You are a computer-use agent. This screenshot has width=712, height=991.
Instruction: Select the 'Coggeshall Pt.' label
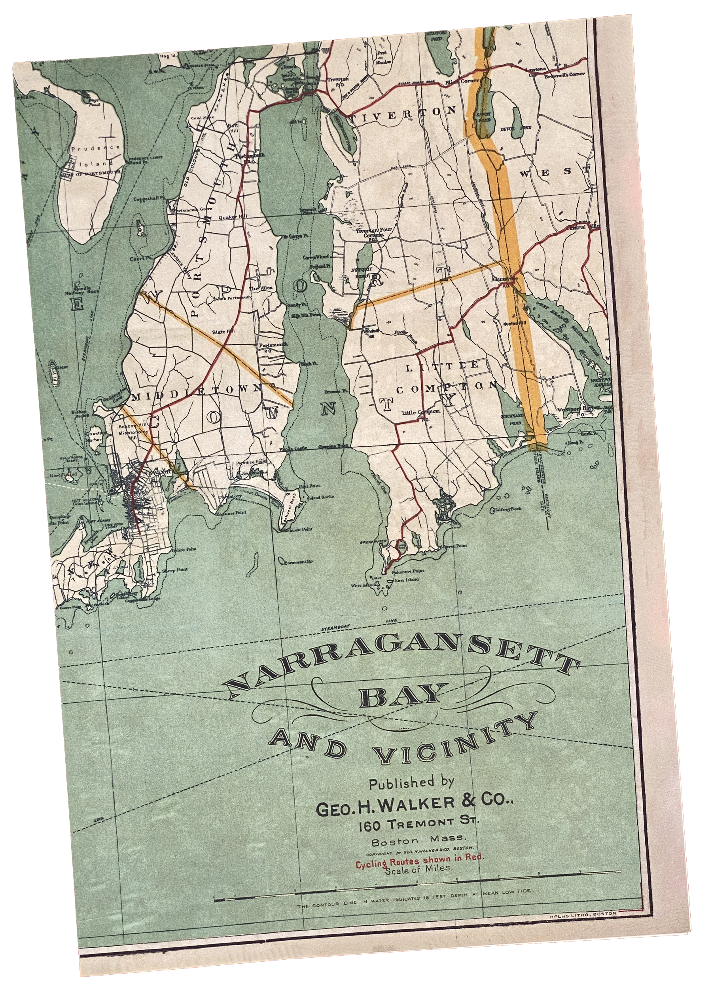click(x=148, y=199)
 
